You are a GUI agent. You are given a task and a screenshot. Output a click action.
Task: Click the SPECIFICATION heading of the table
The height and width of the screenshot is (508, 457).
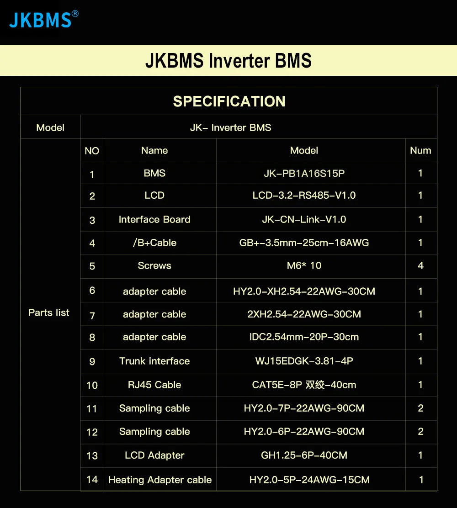coord(229,101)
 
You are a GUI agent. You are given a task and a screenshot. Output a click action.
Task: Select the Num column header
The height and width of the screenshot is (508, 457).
coord(420,150)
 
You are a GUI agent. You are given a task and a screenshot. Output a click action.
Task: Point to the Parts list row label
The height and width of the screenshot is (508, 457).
coord(49,313)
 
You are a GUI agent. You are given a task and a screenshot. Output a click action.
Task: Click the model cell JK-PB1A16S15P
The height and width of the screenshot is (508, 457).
coord(304,174)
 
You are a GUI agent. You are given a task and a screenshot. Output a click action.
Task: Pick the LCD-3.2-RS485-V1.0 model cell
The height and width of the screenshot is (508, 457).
coord(304,196)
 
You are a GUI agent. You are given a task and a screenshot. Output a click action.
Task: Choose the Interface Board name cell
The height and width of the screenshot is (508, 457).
coord(154,220)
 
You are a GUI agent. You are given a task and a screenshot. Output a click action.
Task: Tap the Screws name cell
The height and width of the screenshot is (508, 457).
coord(154,266)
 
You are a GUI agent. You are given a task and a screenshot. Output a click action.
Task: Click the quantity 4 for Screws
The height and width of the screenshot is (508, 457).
coord(420,266)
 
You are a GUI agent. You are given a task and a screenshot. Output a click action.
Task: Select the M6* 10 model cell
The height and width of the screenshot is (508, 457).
coord(304,266)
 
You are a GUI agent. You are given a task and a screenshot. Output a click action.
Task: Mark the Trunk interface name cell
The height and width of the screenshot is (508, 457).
coord(154,361)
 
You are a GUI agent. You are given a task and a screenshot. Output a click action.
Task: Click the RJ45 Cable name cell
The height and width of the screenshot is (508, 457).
coord(154,385)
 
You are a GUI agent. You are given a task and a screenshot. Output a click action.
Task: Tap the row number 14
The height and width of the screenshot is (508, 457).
coord(92,480)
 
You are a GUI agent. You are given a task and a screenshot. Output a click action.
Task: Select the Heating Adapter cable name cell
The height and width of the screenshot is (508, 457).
coord(160,480)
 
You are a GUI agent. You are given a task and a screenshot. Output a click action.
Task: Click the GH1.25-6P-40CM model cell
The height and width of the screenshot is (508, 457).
coord(304,455)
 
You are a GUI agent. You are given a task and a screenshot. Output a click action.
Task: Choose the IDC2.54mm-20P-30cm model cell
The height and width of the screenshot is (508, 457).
coord(304,337)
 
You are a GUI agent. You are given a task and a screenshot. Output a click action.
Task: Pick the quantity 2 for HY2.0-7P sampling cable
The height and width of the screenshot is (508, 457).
coord(420,408)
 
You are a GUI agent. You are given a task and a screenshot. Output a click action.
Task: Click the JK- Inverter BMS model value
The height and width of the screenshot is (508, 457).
coord(230,128)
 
